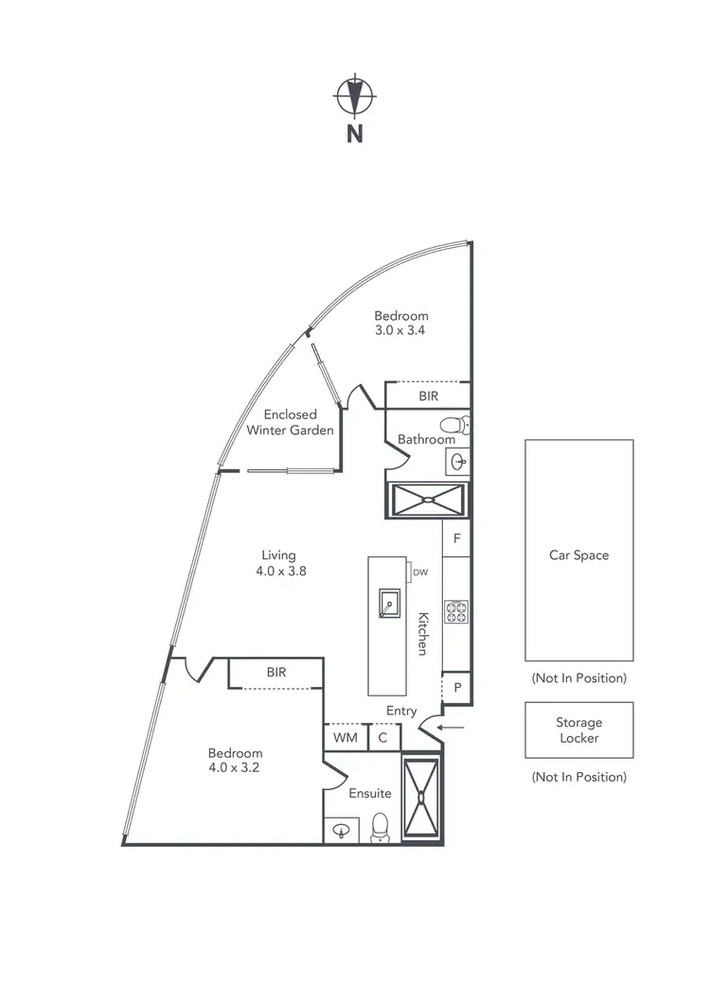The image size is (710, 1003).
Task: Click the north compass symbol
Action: coord(355,96)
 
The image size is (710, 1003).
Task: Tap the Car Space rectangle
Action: coord(578,550)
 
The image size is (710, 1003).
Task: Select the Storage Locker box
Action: coord(578,730)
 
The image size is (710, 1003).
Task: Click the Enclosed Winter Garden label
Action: coord(290,422)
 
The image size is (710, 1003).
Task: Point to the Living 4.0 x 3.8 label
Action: coord(279,563)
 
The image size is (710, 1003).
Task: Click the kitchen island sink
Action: coord(387,602)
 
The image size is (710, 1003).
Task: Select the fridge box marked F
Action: coord(456,539)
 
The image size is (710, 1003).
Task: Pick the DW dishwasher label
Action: coord(418,572)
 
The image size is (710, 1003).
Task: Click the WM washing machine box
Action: coord(345,737)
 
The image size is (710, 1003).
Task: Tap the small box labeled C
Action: coord(383,737)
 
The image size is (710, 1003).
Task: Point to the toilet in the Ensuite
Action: coord(381,826)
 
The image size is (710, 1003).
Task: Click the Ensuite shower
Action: coord(421,798)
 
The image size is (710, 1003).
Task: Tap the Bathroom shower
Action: coord(428,499)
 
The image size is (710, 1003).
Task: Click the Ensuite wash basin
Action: coord(341,831)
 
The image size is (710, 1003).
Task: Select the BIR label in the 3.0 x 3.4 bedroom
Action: coord(429,396)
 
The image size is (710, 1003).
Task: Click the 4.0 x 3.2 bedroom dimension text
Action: coord(235,768)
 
